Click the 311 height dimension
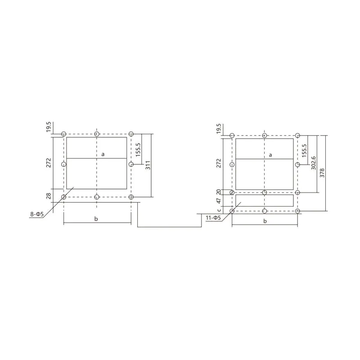[147, 166]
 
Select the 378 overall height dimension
[321, 173]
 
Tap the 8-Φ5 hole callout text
[37, 215]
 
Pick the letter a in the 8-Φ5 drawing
[103, 154]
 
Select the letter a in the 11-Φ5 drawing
[270, 154]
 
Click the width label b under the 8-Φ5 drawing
[97, 218]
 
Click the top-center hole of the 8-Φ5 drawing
[97, 134]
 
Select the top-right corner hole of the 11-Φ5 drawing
[297, 135]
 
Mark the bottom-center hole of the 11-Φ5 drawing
[265, 211]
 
